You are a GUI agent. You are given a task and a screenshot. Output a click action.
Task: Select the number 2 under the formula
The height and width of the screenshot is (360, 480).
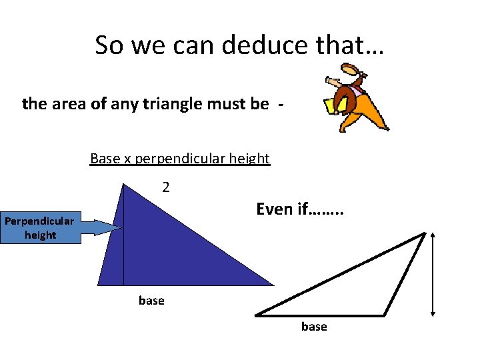pyautogui.click(x=166, y=187)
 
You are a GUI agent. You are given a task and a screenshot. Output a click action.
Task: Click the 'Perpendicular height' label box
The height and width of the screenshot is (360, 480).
pyautogui.click(x=40, y=228)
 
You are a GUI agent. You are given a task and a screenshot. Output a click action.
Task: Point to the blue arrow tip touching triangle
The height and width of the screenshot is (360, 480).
pyautogui.click(x=120, y=228)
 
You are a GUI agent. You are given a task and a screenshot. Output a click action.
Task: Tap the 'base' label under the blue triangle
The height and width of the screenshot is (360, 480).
pyautogui.click(x=151, y=301)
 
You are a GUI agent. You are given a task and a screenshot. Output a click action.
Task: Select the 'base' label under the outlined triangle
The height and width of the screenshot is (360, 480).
pyautogui.click(x=314, y=327)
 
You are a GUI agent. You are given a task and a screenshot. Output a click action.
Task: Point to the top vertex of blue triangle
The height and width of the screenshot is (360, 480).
pyautogui.click(x=124, y=184)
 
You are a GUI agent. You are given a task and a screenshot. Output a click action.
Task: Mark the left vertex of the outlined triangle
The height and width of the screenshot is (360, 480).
pyautogui.click(x=256, y=314)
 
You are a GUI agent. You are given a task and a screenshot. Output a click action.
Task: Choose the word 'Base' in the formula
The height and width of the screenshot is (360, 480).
pyautogui.click(x=103, y=159)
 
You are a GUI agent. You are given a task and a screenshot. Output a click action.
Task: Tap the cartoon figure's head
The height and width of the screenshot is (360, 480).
pyautogui.click(x=351, y=70)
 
